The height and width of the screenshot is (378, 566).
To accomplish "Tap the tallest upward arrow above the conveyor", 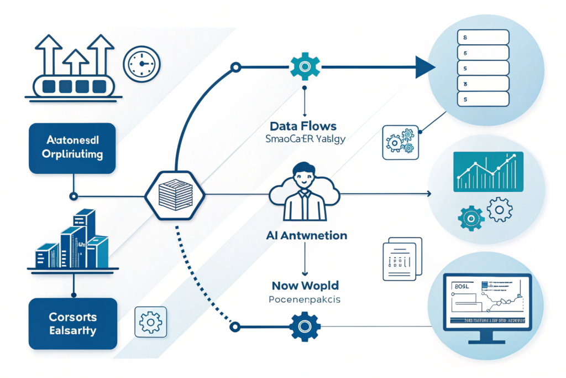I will point(102,53).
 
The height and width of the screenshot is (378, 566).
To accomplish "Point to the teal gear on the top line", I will point(305,68).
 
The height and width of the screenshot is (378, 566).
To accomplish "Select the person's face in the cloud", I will point(304,176).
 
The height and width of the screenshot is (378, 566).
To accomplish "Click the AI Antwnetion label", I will point(305,236).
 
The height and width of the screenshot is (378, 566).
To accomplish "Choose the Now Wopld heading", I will point(305,286).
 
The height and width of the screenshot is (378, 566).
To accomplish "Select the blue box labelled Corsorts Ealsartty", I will point(72,324).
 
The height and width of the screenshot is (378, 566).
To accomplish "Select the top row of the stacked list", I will point(482,38).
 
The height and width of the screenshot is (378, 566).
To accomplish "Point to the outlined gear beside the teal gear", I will point(500,209).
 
